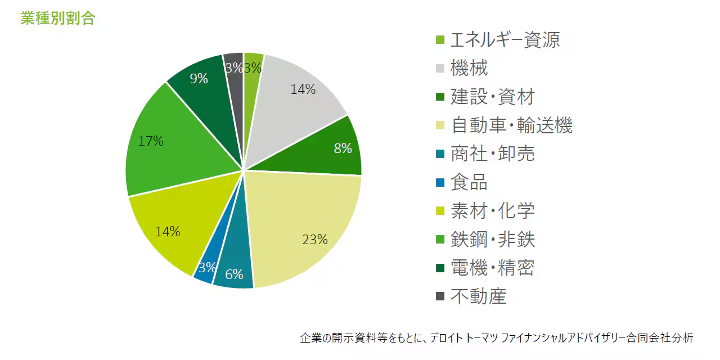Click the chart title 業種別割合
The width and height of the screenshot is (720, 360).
57,17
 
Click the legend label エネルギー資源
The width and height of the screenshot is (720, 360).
505,40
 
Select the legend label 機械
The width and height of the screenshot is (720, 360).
469,69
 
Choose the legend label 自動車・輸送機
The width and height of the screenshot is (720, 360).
511,125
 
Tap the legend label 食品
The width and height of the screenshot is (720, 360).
469,182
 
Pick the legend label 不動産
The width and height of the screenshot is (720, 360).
479,296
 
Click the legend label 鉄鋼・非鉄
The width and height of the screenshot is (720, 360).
493,240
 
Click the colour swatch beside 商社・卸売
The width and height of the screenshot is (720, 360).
440,154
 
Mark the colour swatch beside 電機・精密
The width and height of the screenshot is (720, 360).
440,268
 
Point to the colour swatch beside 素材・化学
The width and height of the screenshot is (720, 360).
440,211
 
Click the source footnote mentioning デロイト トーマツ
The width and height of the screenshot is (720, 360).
497,338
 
